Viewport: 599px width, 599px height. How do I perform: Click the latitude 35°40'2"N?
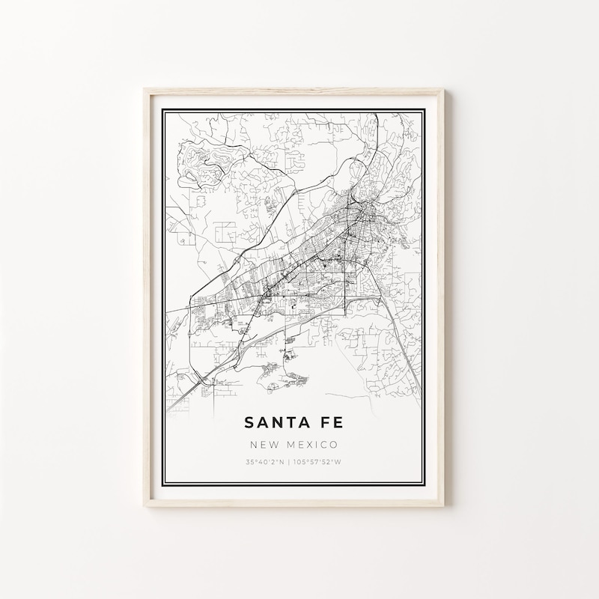tap(264, 461)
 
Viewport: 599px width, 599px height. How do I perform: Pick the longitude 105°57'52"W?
tap(317, 461)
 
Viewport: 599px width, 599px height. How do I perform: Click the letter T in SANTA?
tap(289, 423)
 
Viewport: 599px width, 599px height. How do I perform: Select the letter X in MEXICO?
tap(305, 444)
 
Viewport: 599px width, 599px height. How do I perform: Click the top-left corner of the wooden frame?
tap(145, 91)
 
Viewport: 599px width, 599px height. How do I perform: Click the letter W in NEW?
tap(272, 444)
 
